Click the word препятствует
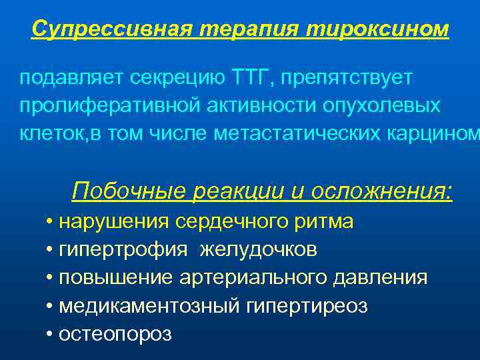(347, 79)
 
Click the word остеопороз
(115, 333)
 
